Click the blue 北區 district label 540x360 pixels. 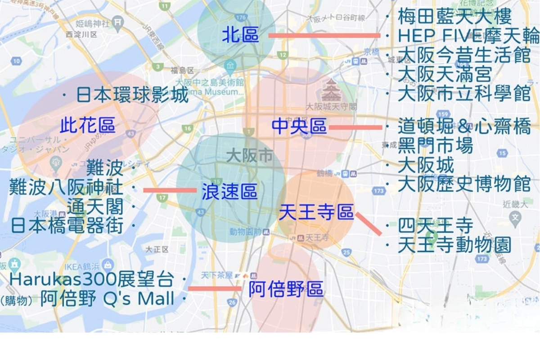241,35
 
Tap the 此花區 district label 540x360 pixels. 88,126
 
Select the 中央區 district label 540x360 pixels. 299,127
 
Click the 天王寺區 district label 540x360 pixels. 316,212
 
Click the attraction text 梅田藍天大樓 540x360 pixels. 454,17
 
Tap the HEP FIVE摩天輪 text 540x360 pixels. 468,36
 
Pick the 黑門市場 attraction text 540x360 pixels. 435,146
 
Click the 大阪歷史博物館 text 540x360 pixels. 464,184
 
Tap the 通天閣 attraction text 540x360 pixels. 95,207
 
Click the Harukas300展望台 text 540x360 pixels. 91,279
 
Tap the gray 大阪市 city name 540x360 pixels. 249,155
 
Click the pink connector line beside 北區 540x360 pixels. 324,35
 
